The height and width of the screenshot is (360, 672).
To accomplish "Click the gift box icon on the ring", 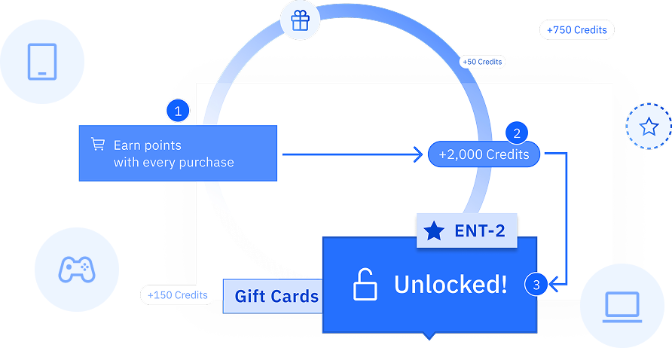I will click(300, 21).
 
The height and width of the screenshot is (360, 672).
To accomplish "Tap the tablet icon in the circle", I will click(42, 61).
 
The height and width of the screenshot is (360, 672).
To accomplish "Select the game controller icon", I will click(76, 269).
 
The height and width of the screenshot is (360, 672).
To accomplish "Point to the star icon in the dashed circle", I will click(649, 127).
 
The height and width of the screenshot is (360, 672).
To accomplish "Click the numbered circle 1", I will click(178, 111).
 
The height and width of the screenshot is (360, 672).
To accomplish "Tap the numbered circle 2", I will click(516, 133).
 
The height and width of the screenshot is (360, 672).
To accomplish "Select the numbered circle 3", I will click(536, 285).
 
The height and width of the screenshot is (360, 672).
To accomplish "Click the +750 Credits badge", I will click(577, 30).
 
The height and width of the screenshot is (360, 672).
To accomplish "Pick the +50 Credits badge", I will click(482, 62).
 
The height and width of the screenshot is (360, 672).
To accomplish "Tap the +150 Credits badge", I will click(178, 294).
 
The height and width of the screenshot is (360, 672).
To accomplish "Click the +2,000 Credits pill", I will click(484, 154).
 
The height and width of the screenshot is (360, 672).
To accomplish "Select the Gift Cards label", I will click(276, 296).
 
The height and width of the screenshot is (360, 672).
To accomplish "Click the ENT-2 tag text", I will click(480, 230).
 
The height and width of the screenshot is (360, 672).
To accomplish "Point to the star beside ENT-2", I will click(435, 230).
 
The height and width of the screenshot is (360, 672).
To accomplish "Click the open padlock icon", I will click(365, 285).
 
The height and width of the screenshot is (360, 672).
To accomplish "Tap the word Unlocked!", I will click(451, 284).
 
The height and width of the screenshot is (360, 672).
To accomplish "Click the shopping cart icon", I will click(98, 144).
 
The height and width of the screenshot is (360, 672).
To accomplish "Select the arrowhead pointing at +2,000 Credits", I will click(417, 154).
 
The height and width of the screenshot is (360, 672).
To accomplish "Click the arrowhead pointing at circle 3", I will click(554, 285).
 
